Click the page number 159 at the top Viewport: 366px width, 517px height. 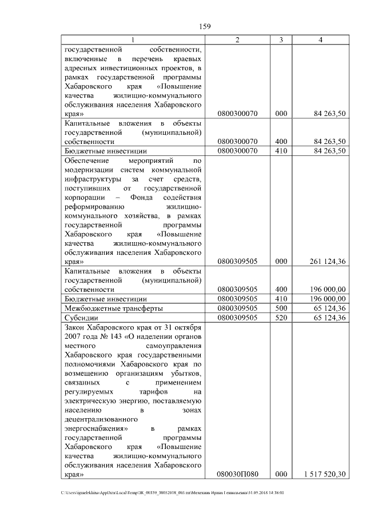pos(205,26)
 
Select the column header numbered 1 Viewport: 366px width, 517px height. pos(133,39)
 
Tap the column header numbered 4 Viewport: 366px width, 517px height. pos(320,39)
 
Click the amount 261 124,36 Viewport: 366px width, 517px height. pos(326,262)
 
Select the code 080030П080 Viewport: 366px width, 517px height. pos(237,474)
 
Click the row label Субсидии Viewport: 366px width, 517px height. pos(82,317)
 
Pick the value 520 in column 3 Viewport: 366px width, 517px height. pos(280,317)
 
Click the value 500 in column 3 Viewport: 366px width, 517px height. pos(280,308)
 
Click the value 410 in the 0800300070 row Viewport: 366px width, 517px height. pos(280,151)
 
